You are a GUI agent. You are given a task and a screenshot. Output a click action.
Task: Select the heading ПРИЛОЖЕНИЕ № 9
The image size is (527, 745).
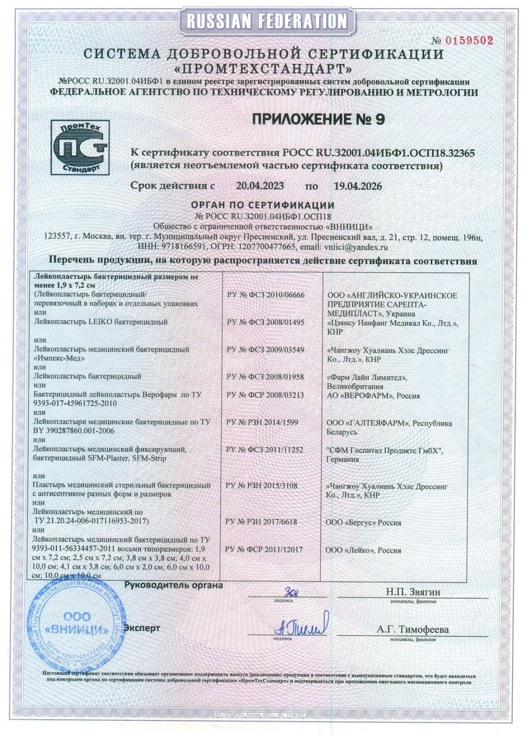318,119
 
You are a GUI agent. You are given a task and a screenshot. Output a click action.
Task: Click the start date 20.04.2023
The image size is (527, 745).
260,186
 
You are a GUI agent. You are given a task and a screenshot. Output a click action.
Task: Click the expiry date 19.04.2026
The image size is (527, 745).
357,186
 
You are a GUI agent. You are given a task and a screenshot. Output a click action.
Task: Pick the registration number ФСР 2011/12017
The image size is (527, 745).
264,549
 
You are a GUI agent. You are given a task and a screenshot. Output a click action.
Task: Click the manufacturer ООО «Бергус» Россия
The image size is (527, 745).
363,522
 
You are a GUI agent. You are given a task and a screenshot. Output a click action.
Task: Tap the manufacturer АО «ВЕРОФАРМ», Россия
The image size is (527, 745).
373,395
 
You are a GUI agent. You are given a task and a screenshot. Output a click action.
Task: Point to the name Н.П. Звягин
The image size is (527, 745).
413,592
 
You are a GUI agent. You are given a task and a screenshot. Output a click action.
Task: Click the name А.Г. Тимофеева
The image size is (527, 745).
413,629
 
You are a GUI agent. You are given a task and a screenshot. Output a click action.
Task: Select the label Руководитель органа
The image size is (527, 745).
173,585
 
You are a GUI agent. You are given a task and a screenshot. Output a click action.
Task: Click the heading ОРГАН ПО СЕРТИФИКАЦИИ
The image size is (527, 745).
263,205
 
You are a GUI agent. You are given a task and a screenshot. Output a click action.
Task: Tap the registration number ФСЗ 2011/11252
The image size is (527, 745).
264,450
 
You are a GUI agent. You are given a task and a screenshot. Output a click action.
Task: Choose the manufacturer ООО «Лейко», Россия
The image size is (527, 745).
363,550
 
